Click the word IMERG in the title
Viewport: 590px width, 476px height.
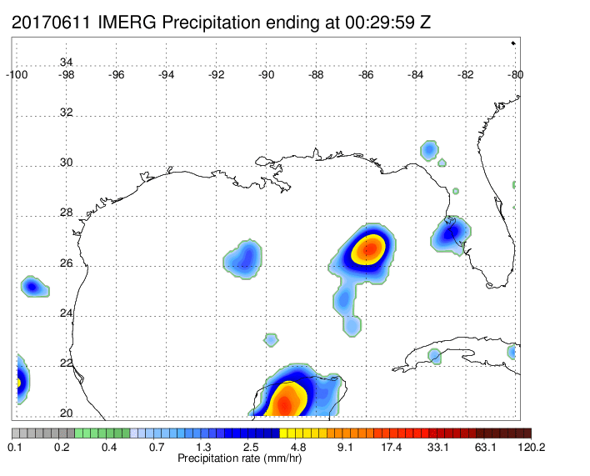point(126,23)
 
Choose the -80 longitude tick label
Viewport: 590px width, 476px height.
point(516,74)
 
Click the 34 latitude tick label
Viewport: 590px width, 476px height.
point(66,63)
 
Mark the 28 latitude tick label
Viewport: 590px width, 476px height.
point(66,213)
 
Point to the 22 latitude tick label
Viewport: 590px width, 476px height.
point(66,363)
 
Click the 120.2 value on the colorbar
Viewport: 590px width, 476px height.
point(518,448)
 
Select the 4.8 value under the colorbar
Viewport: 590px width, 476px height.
point(297,448)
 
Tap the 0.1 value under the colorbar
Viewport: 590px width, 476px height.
point(15,448)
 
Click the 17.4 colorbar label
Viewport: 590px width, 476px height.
point(392,448)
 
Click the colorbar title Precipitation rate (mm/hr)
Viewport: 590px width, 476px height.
point(236,458)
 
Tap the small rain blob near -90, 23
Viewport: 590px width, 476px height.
point(271,339)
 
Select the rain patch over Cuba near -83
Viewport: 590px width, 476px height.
point(434,356)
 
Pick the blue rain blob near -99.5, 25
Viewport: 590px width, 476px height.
point(32,287)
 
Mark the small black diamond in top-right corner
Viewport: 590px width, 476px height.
point(512,43)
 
